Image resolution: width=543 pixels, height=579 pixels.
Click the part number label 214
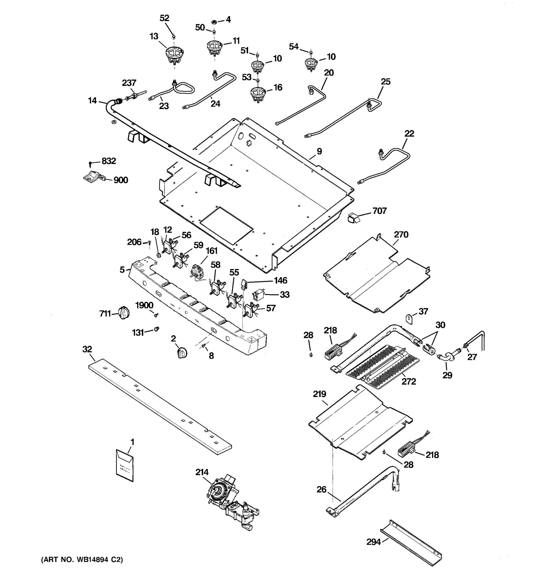pos(202,472)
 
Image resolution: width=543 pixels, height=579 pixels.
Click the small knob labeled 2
pos(182,353)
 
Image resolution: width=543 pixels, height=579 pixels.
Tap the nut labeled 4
pos(213,21)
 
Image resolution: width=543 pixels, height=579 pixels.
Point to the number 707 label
pos(379,211)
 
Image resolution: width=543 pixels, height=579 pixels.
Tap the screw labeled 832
pos(90,163)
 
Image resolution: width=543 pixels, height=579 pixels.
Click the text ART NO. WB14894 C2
pos(82,559)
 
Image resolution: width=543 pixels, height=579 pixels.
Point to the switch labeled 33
pos(259,295)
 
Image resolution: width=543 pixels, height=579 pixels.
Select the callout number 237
pos(129,83)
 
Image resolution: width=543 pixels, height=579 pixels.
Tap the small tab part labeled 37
pos(410,319)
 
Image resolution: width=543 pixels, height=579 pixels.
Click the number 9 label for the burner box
pos(319,152)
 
